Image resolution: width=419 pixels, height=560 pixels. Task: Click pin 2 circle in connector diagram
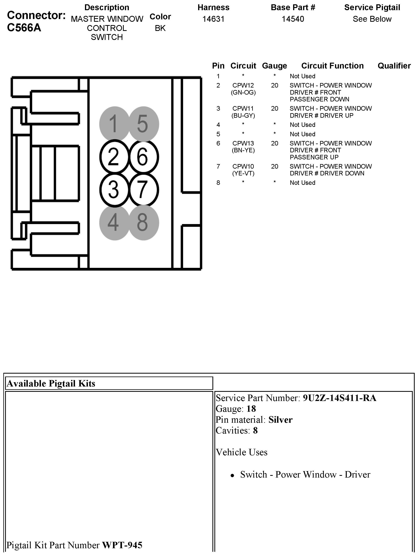click(x=114, y=157)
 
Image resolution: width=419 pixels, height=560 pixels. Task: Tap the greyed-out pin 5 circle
click(x=144, y=124)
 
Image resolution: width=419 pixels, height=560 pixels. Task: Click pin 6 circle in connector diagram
click(x=144, y=157)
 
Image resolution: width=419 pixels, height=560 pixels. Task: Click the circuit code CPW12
click(x=243, y=86)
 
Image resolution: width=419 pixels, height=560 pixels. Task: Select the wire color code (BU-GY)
click(x=243, y=116)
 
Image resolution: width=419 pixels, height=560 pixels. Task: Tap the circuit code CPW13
click(x=243, y=144)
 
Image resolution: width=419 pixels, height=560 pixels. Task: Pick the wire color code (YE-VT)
click(x=243, y=173)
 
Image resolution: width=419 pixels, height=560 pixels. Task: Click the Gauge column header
click(x=275, y=66)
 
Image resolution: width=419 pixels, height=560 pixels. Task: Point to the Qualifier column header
click(x=394, y=66)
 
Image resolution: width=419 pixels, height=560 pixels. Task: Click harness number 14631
click(x=213, y=19)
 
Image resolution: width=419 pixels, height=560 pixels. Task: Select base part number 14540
click(x=293, y=19)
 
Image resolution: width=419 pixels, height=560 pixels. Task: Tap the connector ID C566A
click(x=24, y=28)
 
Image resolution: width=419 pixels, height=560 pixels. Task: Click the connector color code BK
click(x=160, y=28)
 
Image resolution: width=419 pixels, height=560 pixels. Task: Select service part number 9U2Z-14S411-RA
click(x=340, y=398)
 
